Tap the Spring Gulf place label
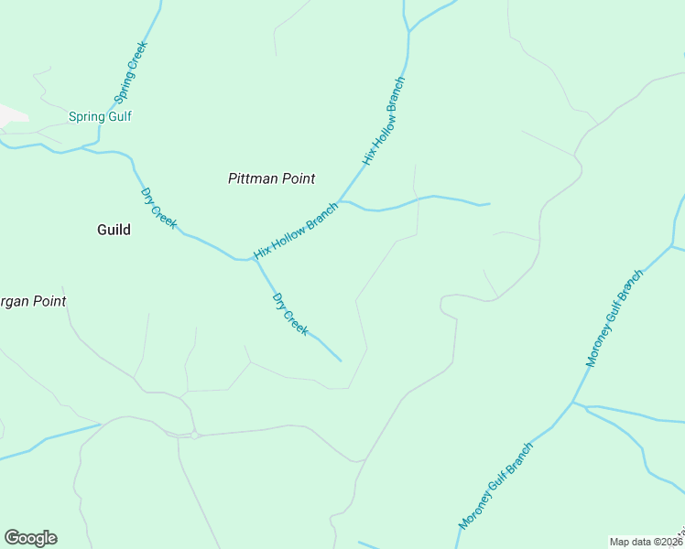tap(101, 117)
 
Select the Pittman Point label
tap(271, 179)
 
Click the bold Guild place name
tap(114, 230)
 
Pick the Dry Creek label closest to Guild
tap(158, 208)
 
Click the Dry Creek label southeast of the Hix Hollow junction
tap(289, 314)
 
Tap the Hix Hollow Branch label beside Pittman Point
tap(296, 230)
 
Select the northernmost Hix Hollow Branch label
tap(383, 121)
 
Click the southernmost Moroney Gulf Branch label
tap(495, 486)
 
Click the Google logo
tap(30, 538)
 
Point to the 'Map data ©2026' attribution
tap(646, 542)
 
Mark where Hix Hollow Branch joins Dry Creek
tap(252, 259)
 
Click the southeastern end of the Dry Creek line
tap(341, 361)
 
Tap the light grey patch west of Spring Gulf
tap(11, 116)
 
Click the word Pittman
tap(252, 179)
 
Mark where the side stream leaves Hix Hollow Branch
tap(340, 201)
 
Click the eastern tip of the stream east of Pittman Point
tap(490, 204)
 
